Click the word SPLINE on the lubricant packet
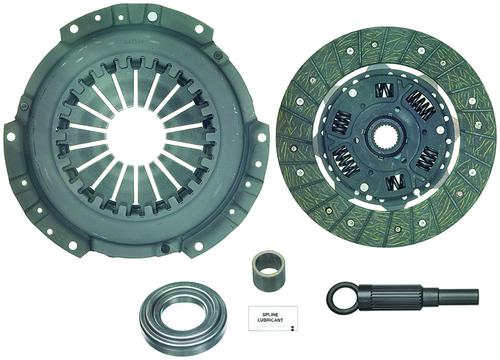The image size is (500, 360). [x=270, y=314]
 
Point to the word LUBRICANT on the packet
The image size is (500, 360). [x=270, y=320]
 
